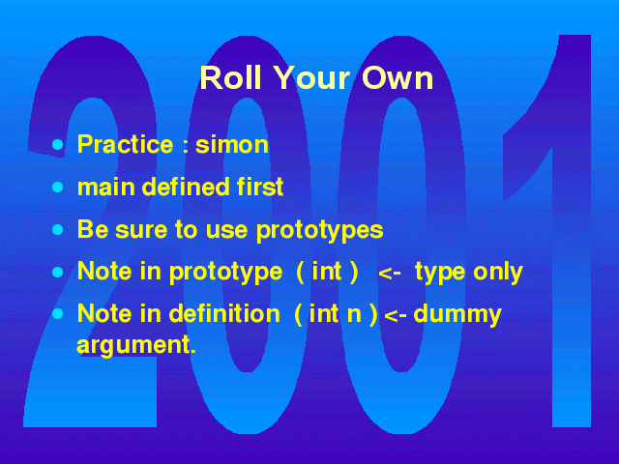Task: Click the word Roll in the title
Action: click(x=230, y=77)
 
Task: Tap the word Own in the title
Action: click(x=398, y=77)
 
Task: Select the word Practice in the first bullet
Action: click(x=125, y=144)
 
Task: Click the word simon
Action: click(x=232, y=144)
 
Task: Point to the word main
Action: click(x=105, y=187)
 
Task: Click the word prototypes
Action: click(x=320, y=231)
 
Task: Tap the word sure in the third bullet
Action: click(x=141, y=230)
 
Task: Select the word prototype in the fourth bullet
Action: click(x=225, y=273)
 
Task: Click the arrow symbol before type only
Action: click(x=390, y=273)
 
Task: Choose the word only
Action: click(x=498, y=273)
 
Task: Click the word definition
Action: click(x=224, y=314)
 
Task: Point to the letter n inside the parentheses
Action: click(x=354, y=315)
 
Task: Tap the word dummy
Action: click(x=457, y=315)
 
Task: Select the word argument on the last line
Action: click(x=136, y=346)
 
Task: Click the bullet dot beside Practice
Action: click(x=58, y=144)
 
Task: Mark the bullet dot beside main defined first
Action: click(x=58, y=187)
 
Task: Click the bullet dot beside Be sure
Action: click(x=58, y=230)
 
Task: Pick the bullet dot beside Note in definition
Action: click(x=58, y=314)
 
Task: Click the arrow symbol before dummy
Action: click(x=396, y=316)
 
